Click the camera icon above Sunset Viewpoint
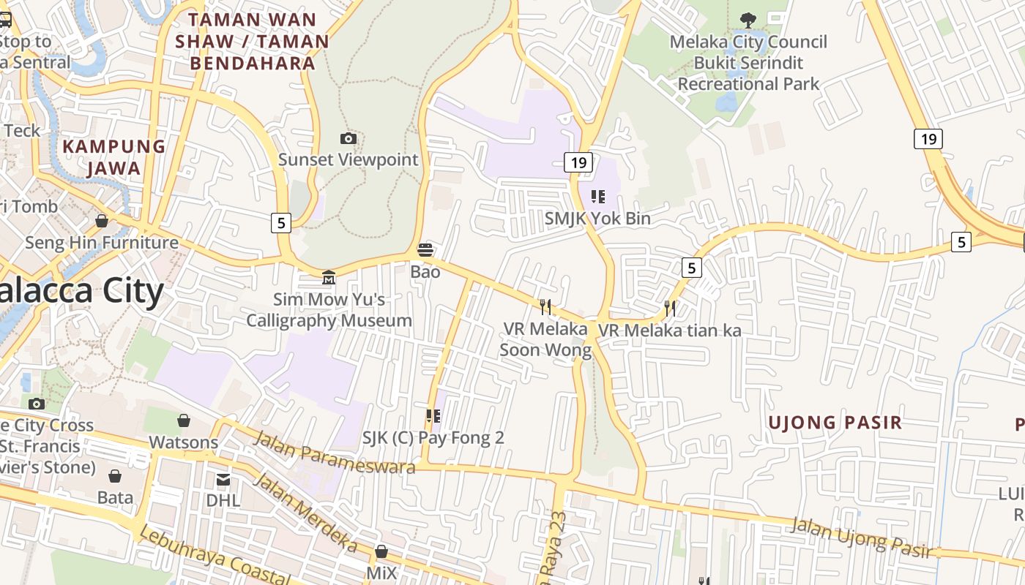(x=348, y=138)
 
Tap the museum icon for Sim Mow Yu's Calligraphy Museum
(x=329, y=278)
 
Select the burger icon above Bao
(x=425, y=250)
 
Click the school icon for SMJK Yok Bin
(x=598, y=196)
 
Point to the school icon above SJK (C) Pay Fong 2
(x=433, y=416)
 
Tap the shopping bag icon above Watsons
(x=184, y=420)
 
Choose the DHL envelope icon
(x=223, y=480)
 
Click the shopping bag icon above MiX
(x=381, y=551)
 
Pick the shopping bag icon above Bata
(x=115, y=477)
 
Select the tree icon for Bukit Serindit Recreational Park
(x=748, y=20)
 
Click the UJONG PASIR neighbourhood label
(x=835, y=423)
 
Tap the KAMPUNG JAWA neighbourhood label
(x=113, y=157)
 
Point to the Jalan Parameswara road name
(x=335, y=452)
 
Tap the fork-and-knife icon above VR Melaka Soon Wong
(x=545, y=306)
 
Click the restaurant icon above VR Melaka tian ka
(x=670, y=308)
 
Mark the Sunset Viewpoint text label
(x=348, y=159)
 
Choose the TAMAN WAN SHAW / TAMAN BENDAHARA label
(x=253, y=42)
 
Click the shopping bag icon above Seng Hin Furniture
(x=102, y=220)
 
